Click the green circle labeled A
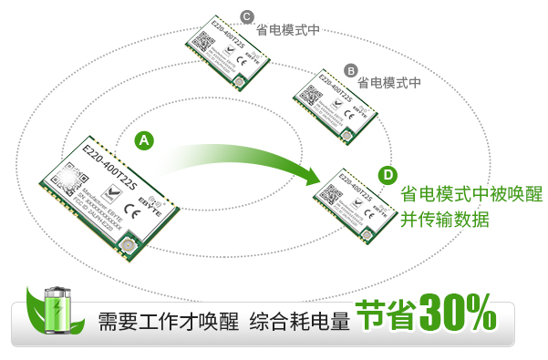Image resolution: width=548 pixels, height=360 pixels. pos(144,140)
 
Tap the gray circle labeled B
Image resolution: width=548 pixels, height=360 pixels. pos(350,70)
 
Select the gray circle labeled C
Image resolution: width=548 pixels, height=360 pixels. pos(246,16)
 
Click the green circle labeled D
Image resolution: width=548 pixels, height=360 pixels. pos(388,175)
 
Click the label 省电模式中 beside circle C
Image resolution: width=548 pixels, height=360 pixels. pos(287,29)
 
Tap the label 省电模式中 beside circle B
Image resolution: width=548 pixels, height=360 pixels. pos(389,82)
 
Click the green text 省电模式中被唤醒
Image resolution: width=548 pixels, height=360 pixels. pos(471,194)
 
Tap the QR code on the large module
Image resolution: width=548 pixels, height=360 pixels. pos(65,178)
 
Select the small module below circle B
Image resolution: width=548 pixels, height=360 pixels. pos(334,105)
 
